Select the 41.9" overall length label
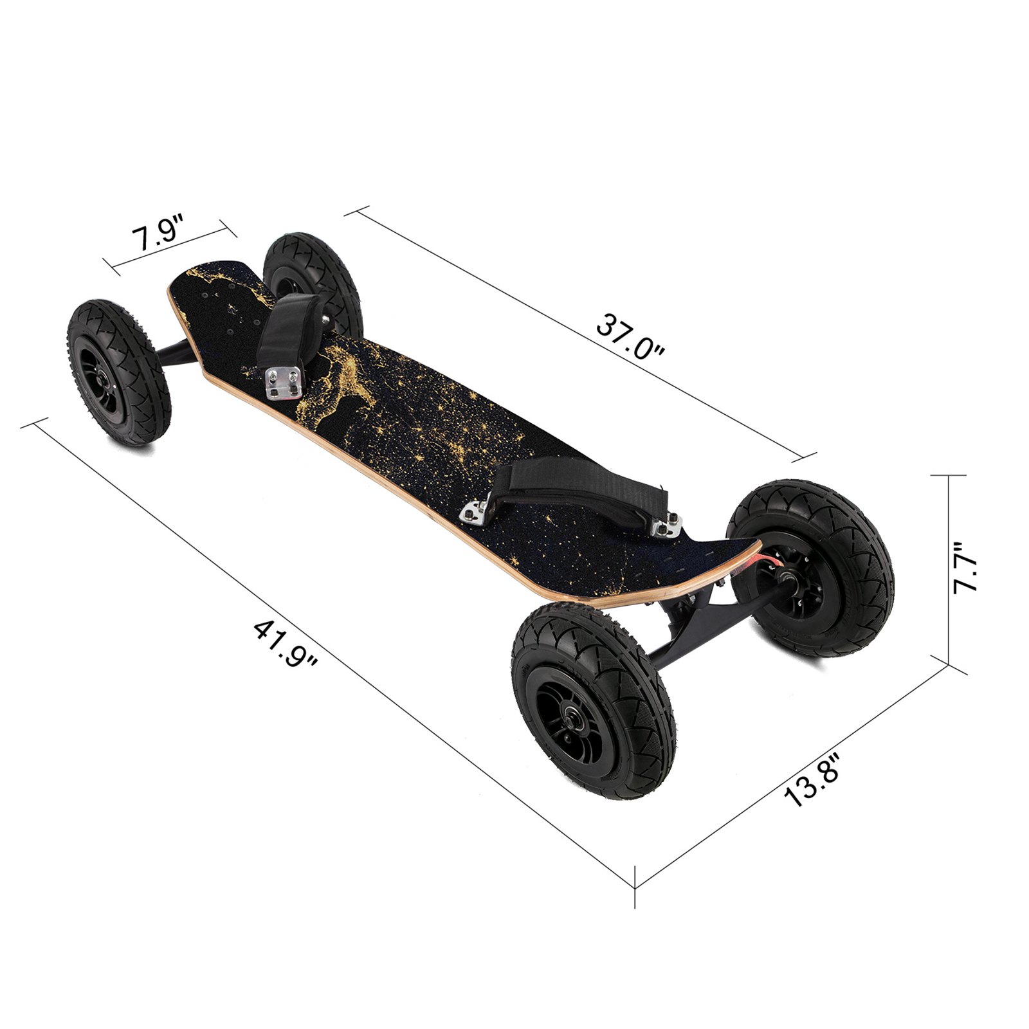[x=286, y=642]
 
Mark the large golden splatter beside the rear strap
[x=341, y=379]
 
